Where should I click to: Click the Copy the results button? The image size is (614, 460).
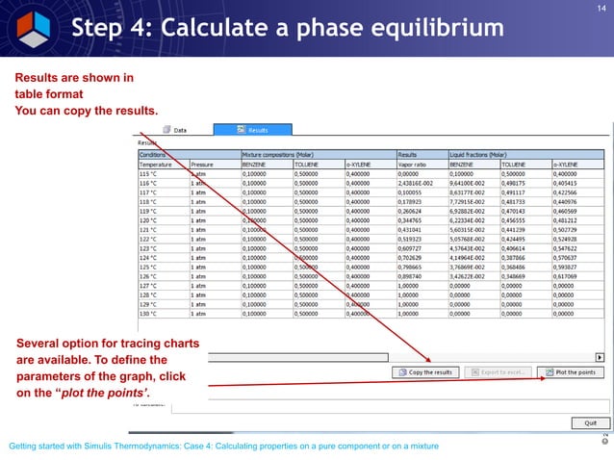tap(430, 371)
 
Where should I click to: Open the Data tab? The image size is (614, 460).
tap(179, 129)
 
